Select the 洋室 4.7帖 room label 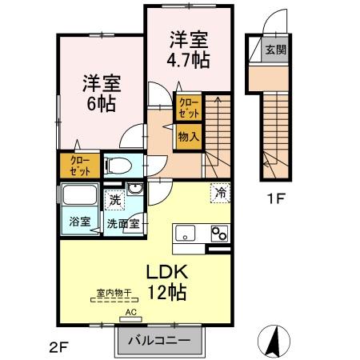click(x=190, y=49)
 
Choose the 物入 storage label click(x=189, y=138)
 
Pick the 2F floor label click(x=56, y=346)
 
